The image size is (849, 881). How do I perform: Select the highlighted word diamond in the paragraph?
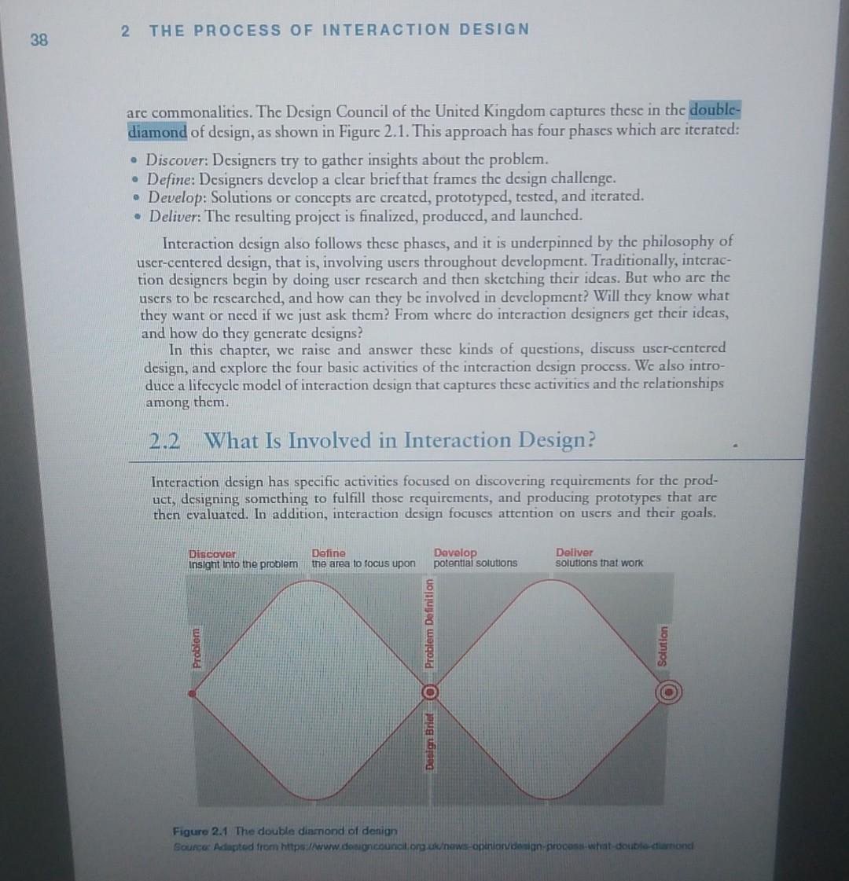157,131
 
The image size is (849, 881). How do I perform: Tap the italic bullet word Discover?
178,160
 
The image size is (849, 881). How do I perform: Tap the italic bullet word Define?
172,178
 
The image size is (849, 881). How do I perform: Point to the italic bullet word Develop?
177,196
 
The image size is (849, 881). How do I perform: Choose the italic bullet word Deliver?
175,215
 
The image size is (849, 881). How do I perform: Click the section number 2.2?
165,440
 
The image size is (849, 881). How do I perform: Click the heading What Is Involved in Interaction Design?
399,440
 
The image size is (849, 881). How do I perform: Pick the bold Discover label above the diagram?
212,553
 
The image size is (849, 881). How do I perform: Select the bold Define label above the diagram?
328,553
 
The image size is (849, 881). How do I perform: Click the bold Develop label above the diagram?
455,552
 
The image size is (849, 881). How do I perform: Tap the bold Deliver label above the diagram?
575,552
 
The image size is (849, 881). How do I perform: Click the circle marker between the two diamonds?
429,692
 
